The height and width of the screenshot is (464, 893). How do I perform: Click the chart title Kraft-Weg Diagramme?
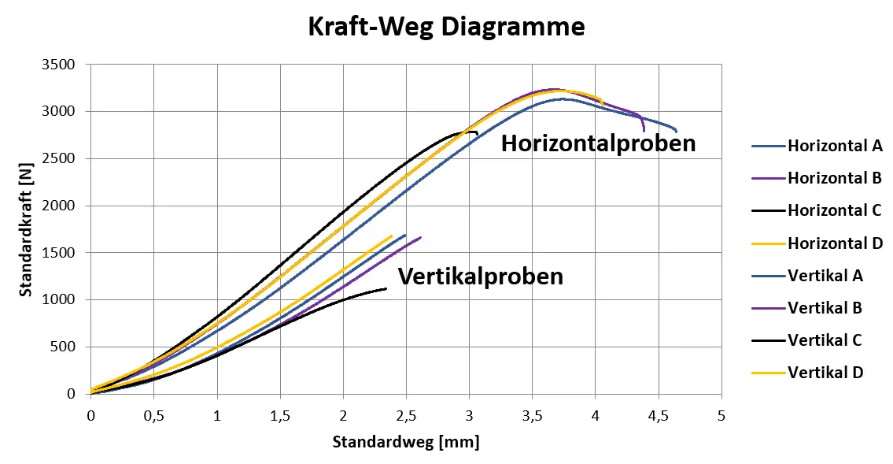tap(445, 27)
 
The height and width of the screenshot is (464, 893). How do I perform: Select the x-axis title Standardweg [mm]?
tap(405, 442)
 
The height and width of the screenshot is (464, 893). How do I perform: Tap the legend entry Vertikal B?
tap(825, 308)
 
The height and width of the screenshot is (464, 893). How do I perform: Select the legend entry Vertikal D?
tap(825, 373)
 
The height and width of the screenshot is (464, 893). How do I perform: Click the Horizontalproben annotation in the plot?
tap(599, 143)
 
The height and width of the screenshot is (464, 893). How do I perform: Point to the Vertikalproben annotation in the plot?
tap(480, 277)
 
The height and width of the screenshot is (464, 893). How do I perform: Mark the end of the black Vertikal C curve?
tap(386, 288)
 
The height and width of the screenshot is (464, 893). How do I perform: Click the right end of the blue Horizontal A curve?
tap(676, 131)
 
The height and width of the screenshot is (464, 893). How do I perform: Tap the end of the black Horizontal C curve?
tap(477, 133)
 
